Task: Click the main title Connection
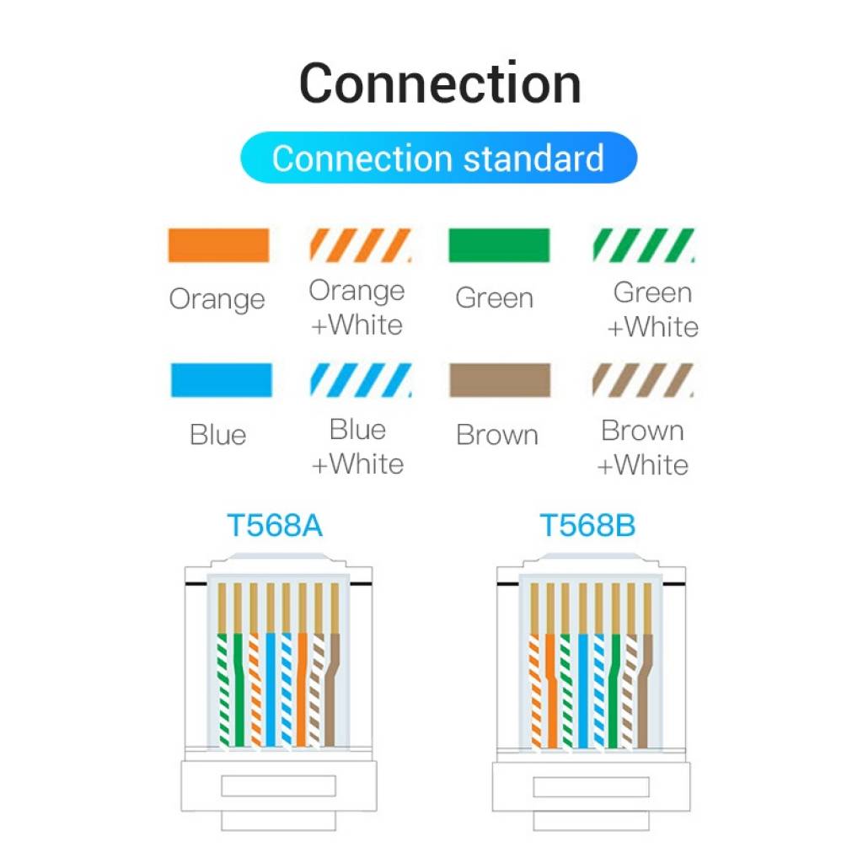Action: tap(440, 83)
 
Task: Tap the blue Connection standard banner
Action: tap(438, 158)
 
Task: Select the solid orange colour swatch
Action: tap(218, 245)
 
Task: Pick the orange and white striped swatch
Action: tap(361, 245)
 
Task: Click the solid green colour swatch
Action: tap(499, 245)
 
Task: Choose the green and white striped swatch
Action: tap(643, 245)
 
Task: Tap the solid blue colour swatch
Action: tap(221, 380)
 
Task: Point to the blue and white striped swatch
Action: tap(361, 380)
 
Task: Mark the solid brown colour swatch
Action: tap(500, 380)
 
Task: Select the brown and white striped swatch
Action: tap(643, 380)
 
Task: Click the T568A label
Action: tap(275, 526)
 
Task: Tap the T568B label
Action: tap(587, 526)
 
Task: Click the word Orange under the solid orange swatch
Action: tap(217, 299)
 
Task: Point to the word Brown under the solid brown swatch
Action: tap(496, 435)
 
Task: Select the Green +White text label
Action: tap(653, 309)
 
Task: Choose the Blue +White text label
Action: tap(358, 447)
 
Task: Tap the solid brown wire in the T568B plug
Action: tap(645, 691)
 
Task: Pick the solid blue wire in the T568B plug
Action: tap(582, 691)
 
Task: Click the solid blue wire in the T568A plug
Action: tap(271, 691)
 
